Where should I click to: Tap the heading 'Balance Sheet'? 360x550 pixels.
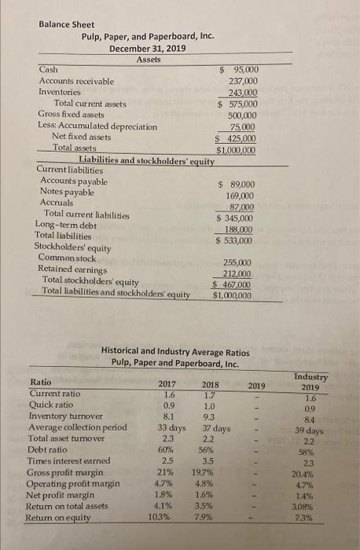click(x=67, y=24)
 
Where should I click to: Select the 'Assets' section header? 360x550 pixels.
click(x=148, y=60)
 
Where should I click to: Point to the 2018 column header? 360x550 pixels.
click(x=211, y=384)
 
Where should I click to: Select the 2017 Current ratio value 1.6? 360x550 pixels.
click(x=167, y=395)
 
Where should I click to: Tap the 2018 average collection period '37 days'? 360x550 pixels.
click(x=210, y=428)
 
